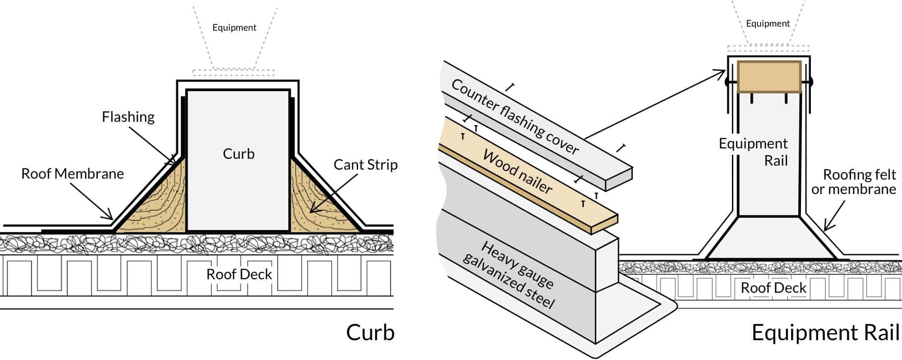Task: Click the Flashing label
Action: (x=128, y=117)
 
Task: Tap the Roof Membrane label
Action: (x=72, y=174)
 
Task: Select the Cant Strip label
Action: (x=365, y=165)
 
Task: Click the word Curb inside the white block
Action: (x=239, y=154)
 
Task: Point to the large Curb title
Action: (x=370, y=332)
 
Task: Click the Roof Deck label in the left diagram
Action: (x=239, y=274)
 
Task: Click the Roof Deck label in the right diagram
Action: (x=773, y=288)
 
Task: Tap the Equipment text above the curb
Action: (x=234, y=28)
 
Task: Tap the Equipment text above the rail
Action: (x=768, y=23)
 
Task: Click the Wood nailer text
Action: (x=517, y=172)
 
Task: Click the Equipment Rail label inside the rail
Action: (x=758, y=152)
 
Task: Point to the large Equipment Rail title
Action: (x=825, y=332)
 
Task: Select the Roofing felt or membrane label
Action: (x=854, y=181)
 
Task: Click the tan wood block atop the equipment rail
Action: (x=769, y=77)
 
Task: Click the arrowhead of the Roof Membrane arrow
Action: (x=110, y=218)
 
